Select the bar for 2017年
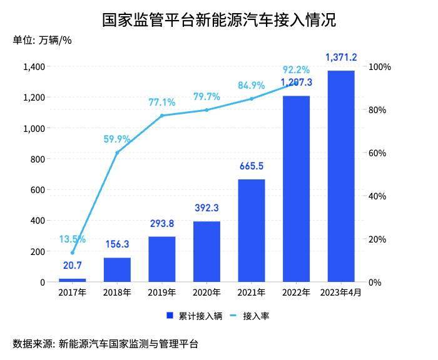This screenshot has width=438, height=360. tap(73, 280)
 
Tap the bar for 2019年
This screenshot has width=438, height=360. tap(162, 259)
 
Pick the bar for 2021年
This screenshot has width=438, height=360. tap(252, 231)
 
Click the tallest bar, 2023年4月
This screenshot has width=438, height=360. tap(341, 176)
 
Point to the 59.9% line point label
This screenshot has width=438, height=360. tap(117, 139)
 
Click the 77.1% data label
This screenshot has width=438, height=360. tap(161, 102)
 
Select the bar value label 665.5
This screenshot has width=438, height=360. tap(252, 167)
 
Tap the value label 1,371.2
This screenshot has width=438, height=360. tap(341, 57)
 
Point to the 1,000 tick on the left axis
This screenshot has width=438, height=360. tap(34, 128)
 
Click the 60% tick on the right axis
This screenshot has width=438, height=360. tap(378, 153)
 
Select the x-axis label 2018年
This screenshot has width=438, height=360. tap(117, 292)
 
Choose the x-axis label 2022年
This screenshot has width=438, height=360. tap(296, 292)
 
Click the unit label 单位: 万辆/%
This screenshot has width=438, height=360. tap(43, 41)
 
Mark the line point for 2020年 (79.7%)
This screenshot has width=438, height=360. tap(206, 110)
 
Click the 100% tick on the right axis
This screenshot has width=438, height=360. tap(380, 67)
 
